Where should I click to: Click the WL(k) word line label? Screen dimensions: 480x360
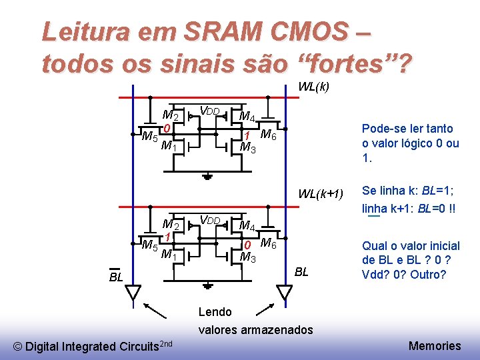[x=313, y=87]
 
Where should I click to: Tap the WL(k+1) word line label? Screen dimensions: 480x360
[x=320, y=194]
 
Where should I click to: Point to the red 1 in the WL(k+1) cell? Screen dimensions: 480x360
[x=169, y=237]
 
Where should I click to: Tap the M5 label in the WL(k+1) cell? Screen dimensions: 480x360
[x=150, y=246]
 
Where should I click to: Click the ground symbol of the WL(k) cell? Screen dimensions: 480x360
[x=208, y=176]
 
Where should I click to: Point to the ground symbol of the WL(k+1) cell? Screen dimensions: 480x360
[x=208, y=285]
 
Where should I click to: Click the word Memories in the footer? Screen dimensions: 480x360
[x=435, y=345]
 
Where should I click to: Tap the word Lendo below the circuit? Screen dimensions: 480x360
[x=215, y=312]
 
